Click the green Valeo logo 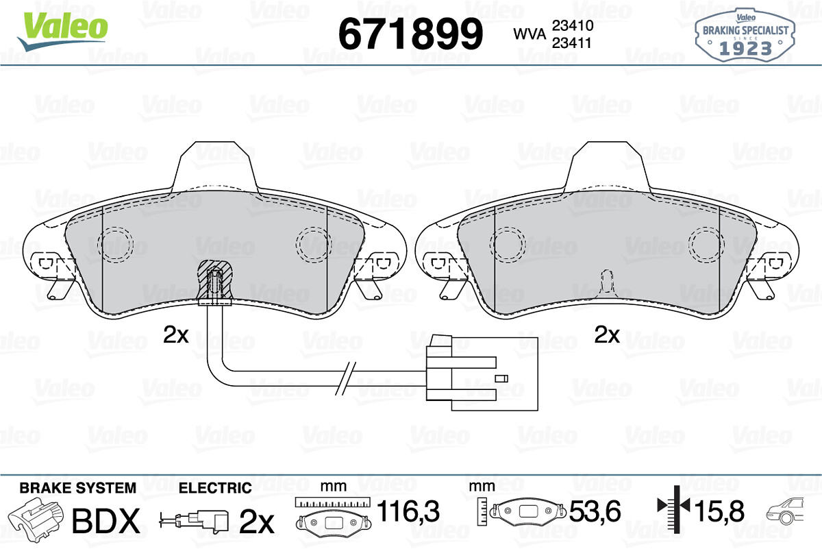click(x=63, y=31)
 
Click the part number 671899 click(x=410, y=34)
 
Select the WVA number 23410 click(x=573, y=25)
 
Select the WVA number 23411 click(x=572, y=43)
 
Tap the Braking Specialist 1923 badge click(x=745, y=35)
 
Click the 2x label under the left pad click(x=176, y=335)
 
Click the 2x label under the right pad click(x=607, y=335)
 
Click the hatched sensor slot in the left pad click(x=215, y=281)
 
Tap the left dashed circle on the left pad click(x=116, y=245)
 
